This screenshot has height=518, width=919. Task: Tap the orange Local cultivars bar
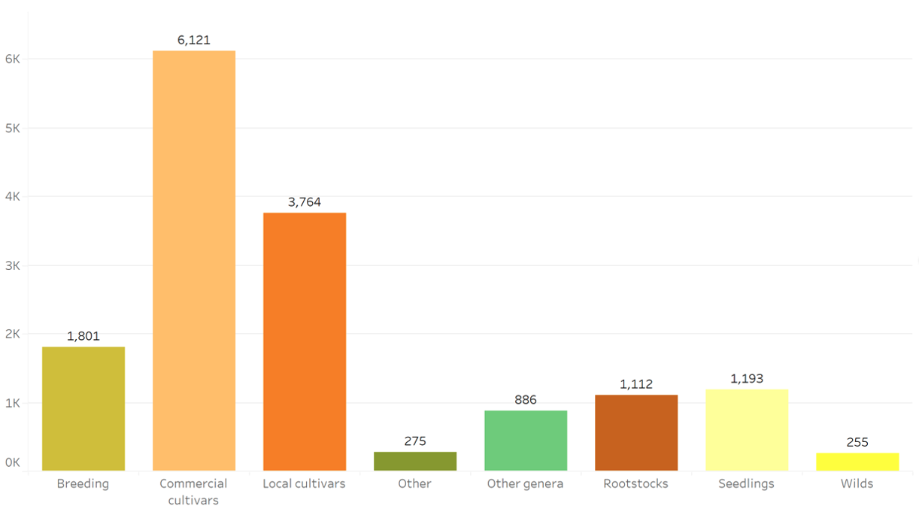coord(305,341)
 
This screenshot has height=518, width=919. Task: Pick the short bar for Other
coord(415,461)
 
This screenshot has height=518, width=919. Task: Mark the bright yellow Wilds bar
coord(857,462)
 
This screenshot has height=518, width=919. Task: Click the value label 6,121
coord(194,40)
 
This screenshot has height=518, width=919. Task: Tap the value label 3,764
coord(305,202)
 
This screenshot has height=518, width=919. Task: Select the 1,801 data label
coord(83,336)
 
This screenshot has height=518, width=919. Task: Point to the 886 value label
coord(526,400)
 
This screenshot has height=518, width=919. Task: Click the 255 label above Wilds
coord(857,442)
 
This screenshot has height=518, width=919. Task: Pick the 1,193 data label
coord(747,379)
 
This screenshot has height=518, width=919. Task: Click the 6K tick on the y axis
coord(13,59)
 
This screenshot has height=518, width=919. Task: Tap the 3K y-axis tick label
coord(13,265)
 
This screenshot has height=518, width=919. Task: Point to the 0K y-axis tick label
coord(13,463)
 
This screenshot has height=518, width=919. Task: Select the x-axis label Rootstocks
coord(636,483)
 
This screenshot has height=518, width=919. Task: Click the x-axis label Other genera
coord(526,483)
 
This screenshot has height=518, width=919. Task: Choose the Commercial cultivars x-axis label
coord(194,492)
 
